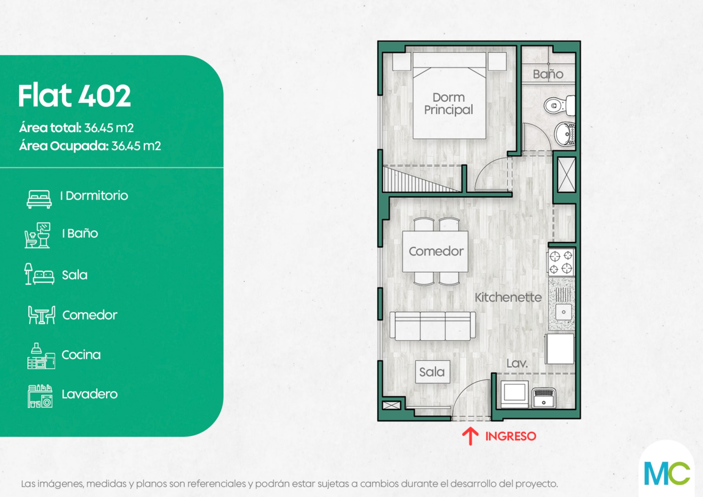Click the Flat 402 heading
(74, 96)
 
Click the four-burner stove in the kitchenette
(561, 261)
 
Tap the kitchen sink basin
(563, 312)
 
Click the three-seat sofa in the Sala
(433, 326)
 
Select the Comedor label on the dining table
(436, 252)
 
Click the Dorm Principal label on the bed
(448, 104)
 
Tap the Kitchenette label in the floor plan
(508, 297)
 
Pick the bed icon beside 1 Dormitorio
(39, 199)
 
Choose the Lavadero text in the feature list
(90, 394)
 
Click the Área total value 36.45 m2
(109, 128)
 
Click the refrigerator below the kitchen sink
(560, 349)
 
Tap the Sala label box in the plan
(432, 372)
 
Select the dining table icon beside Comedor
(42, 315)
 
